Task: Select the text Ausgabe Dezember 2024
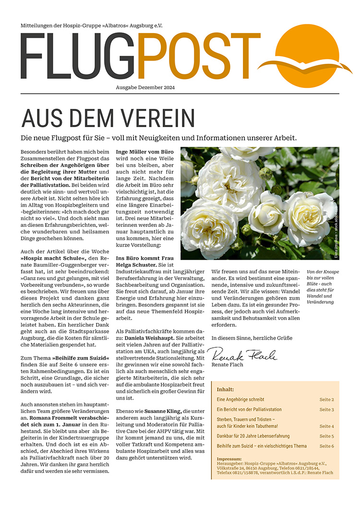pos(145,87)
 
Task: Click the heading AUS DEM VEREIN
pos(108,118)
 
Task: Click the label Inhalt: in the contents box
pos(226,389)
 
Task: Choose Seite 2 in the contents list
pos(326,399)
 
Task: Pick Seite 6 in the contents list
pos(326,446)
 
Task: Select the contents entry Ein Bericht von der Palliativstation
pos(249,410)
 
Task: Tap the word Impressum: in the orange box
pos(229,459)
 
